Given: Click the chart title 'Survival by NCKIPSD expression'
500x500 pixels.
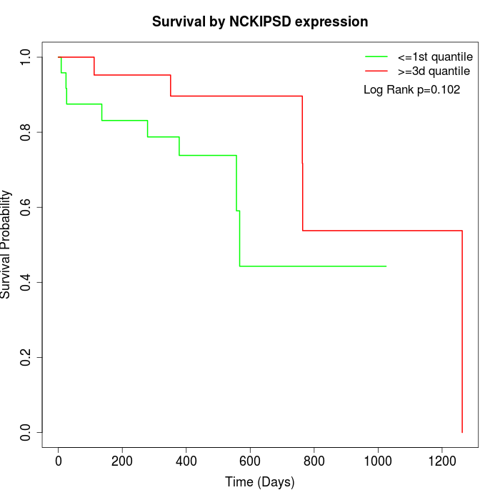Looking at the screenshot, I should [x=260, y=22].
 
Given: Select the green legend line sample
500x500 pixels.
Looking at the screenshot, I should [x=376, y=56].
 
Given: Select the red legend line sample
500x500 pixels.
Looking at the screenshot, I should [x=376, y=71].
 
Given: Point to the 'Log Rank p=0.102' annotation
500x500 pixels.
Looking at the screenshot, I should [x=411, y=90].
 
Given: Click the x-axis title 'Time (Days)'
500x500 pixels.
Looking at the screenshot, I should [x=260, y=482].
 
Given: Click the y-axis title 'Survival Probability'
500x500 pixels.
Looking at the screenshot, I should [x=6, y=244].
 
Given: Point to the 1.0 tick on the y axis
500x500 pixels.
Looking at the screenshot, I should [x=26, y=57].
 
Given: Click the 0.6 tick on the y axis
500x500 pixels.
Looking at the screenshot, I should [x=26, y=207].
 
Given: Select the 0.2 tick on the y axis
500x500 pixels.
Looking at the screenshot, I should [x=26, y=357].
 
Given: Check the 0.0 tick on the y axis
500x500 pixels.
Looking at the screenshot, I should [x=26, y=432].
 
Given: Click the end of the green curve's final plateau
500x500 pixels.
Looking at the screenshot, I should [x=386, y=266].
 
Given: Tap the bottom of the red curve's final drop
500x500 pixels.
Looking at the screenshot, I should [x=462, y=432].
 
